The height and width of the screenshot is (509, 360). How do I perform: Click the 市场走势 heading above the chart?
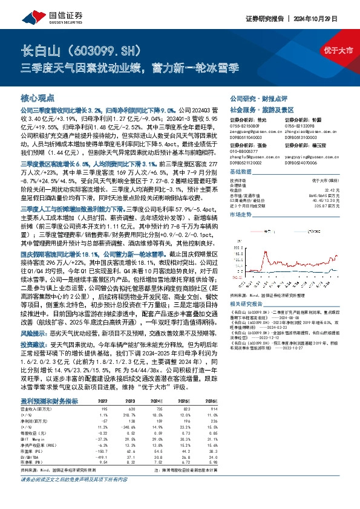238,198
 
